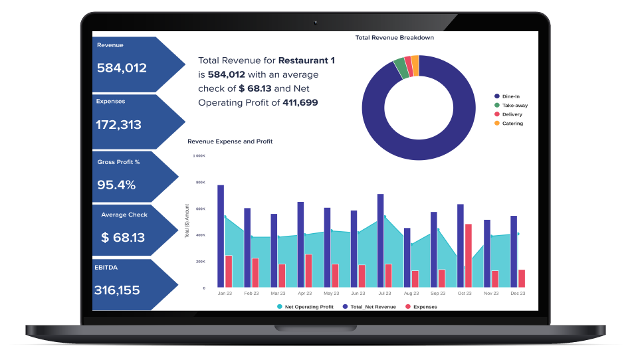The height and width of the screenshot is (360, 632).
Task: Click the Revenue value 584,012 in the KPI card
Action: point(122,68)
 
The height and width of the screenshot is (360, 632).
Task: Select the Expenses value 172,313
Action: point(118,124)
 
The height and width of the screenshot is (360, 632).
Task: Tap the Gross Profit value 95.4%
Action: point(116,185)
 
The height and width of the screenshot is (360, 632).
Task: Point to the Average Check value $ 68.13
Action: point(123,237)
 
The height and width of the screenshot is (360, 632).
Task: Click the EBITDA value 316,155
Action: point(117,290)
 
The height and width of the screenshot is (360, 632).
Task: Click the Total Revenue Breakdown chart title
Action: point(395,38)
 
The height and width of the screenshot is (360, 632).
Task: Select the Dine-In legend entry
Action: point(510,97)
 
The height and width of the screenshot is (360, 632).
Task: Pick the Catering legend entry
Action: point(512,124)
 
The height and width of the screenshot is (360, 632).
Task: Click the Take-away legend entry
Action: point(514,106)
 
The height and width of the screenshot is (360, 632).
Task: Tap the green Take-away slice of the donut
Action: point(399,68)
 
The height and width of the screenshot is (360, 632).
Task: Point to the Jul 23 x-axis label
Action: point(384,293)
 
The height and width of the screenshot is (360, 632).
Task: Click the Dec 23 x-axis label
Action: point(518,293)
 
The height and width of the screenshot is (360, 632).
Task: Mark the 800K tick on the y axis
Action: point(200,183)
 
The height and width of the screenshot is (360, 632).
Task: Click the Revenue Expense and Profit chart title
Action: point(230,141)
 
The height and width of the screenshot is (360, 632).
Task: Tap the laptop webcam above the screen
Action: point(316,22)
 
